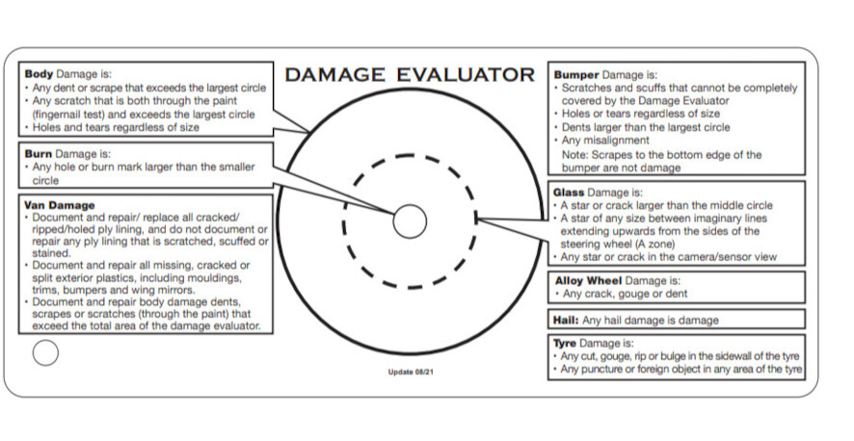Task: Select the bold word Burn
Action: [x=39, y=154]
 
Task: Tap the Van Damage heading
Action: [x=60, y=205]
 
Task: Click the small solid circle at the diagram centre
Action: [x=410, y=220]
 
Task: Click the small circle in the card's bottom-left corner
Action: [x=45, y=353]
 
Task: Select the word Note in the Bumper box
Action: [x=574, y=154]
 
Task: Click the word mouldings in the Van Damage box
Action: [x=220, y=277]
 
